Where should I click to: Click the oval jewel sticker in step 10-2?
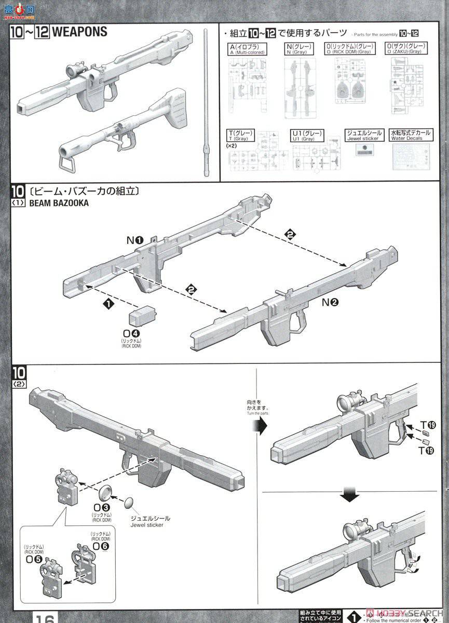(x=129, y=502)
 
